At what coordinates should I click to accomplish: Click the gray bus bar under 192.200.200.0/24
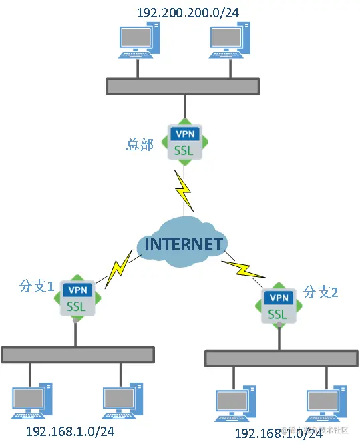click(x=182, y=85)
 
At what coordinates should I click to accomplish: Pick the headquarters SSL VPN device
click(x=184, y=142)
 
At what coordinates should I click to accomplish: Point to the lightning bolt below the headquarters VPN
click(x=184, y=189)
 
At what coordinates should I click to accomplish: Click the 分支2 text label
click(x=321, y=292)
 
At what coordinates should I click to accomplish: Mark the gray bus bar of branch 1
click(x=77, y=354)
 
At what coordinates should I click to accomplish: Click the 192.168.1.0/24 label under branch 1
click(x=69, y=431)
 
